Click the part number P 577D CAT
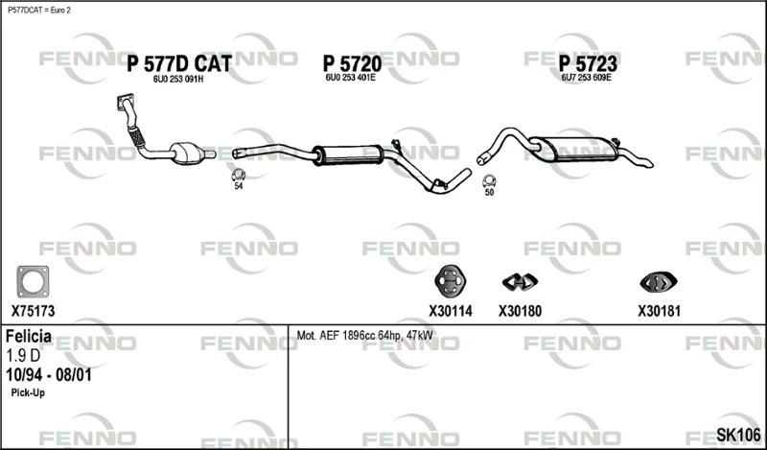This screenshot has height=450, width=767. click(179, 63)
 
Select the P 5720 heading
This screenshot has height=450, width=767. click(352, 63)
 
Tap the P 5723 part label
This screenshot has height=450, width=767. click(588, 63)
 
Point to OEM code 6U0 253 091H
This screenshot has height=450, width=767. click(178, 80)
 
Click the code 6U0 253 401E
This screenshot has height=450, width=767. click(350, 78)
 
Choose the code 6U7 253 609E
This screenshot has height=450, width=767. click(587, 78)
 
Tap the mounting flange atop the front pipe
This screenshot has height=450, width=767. click(127, 102)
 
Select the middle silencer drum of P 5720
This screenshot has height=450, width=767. click(348, 154)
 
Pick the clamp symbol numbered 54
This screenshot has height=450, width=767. click(238, 175)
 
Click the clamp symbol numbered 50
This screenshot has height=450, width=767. click(489, 180)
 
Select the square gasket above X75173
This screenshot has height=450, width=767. click(33, 282)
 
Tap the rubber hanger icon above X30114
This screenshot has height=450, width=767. click(450, 281)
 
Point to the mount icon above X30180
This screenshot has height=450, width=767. click(520, 281)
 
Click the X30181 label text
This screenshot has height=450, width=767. click(659, 311)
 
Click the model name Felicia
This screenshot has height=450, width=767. click(29, 337)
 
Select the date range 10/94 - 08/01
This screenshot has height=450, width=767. click(49, 375)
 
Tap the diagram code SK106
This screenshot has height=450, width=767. click(738, 435)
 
